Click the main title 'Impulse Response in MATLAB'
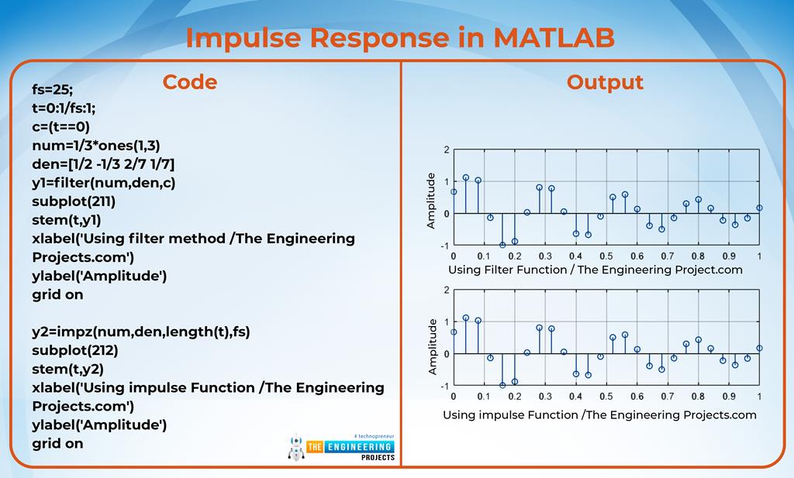[399, 36]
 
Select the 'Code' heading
[189, 82]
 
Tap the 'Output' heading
[605, 82]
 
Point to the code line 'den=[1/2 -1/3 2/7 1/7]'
[103, 163]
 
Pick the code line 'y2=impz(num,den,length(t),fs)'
[141, 332]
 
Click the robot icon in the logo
[295, 448]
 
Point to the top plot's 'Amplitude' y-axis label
[431, 201]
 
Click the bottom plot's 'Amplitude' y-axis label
[432, 346]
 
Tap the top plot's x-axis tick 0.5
[606, 256]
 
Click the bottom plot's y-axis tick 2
[445, 291]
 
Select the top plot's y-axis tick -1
[444, 245]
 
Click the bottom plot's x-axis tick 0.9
[728, 396]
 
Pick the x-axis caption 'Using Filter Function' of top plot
[595, 270]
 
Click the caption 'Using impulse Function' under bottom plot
[599, 414]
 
